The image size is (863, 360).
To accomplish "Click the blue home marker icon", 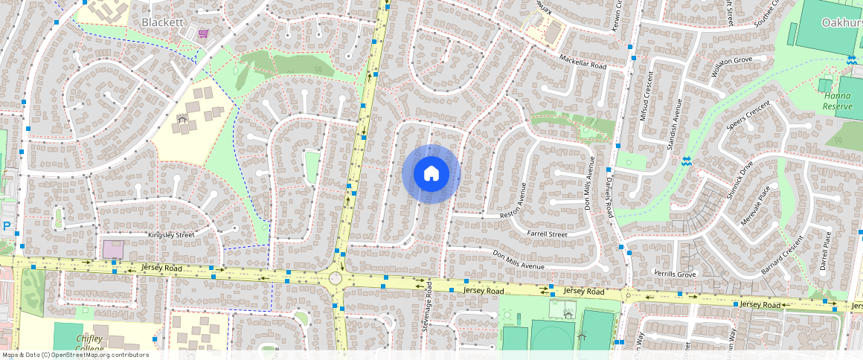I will pos(431,174).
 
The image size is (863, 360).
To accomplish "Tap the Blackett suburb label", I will pos(162,22).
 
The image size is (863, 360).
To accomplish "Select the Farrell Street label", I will pos(547,234).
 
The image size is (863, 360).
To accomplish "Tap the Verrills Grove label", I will pos(675,274).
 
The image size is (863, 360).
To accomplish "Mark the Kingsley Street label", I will pos(170,235).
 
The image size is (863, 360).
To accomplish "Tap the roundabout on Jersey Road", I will pos(336,278).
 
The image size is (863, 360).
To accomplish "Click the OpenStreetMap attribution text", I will pos(74,355).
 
